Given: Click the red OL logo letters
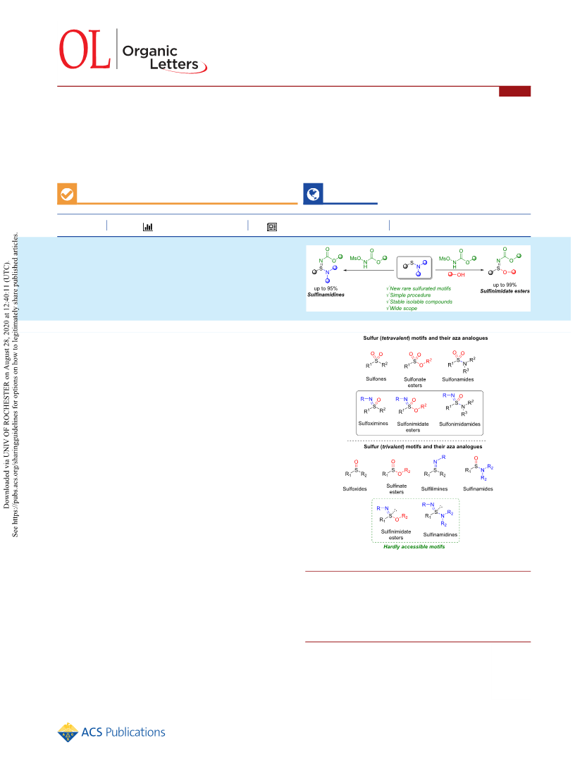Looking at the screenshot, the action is [x=85, y=49].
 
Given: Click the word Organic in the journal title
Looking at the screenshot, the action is [x=149, y=51].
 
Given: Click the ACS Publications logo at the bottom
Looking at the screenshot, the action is [x=111, y=732].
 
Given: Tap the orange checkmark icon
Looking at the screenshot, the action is [x=67, y=194].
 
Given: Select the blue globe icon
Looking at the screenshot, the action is [x=313, y=194].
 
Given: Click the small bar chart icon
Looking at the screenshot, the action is [x=147, y=226].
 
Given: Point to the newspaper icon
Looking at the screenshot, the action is [x=272, y=226].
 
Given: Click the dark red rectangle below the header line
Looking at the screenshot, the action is [x=515, y=91].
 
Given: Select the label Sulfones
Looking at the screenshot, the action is [x=376, y=379].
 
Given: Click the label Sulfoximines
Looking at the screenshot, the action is [x=373, y=423].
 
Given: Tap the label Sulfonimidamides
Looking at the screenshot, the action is [x=460, y=424].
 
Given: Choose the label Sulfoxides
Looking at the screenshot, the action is [x=354, y=488].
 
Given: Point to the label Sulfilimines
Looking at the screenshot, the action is [x=435, y=488].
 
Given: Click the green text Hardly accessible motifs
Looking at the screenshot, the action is [x=414, y=546].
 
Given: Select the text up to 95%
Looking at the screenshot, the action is [x=326, y=288].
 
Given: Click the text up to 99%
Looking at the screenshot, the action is [x=505, y=285].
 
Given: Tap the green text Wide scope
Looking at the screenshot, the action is [x=402, y=308].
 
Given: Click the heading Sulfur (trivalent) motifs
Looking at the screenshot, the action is [x=423, y=446].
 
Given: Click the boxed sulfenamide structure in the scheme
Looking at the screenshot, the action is [x=414, y=267].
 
